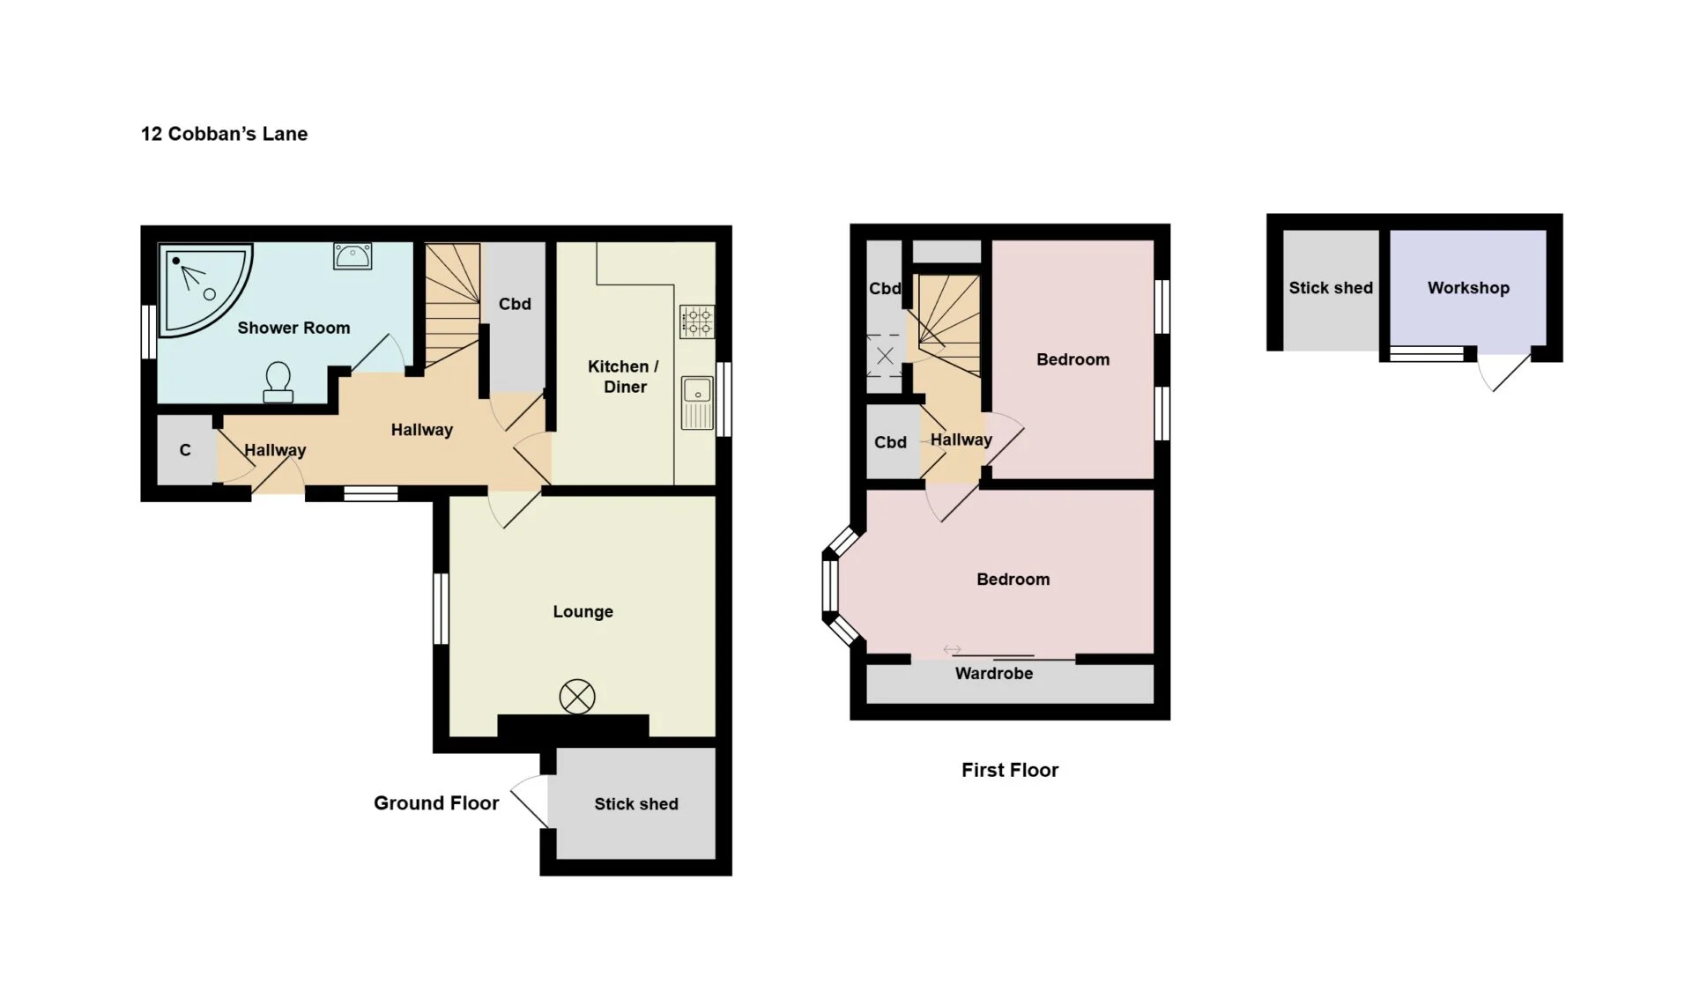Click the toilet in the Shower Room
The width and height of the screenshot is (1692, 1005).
[x=278, y=382]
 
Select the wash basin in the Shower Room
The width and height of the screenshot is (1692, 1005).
[x=352, y=255]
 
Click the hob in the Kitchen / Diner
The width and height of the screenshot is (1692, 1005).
[x=697, y=321]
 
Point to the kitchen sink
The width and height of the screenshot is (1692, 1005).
[x=697, y=403]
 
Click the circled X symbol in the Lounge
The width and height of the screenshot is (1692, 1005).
[x=577, y=697]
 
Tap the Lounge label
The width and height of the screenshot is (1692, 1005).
[x=583, y=611]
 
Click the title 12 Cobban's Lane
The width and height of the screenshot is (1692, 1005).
[x=224, y=134]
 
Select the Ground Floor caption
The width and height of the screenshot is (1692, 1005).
[x=436, y=802]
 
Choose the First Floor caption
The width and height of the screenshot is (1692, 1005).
[x=1010, y=770]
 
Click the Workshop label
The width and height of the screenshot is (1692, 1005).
[x=1468, y=288]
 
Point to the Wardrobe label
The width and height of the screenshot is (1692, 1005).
[x=994, y=673]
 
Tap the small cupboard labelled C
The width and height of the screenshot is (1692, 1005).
[x=186, y=449]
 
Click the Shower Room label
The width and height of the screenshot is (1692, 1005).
[x=293, y=328]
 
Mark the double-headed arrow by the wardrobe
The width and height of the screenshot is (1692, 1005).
[x=952, y=650]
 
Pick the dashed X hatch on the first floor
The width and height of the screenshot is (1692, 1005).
[x=885, y=356]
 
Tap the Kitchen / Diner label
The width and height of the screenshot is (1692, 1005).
[x=624, y=376]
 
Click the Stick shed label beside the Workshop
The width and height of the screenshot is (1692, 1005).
[x=1331, y=288]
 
